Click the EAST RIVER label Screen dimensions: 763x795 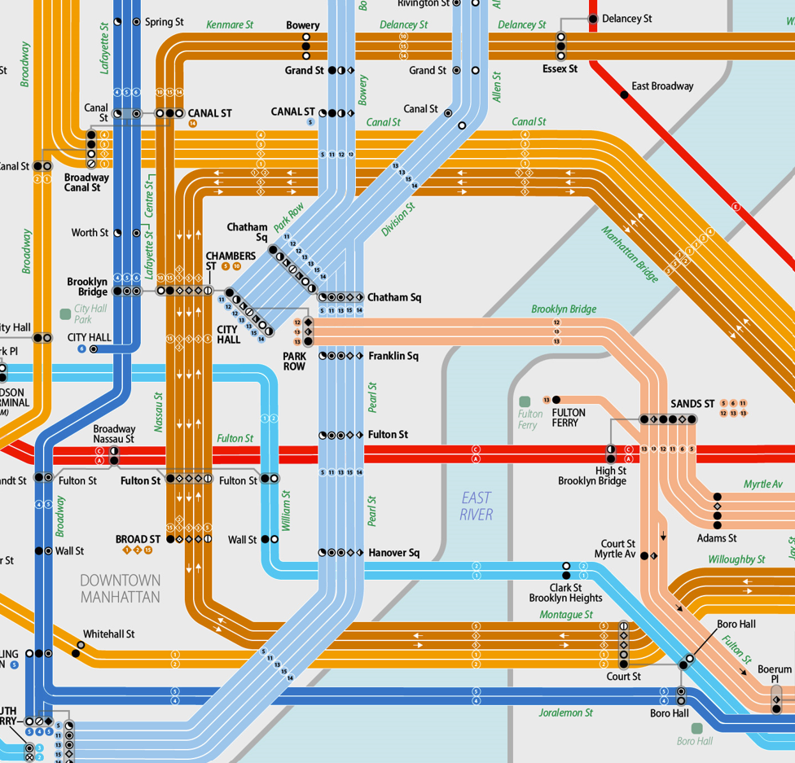pyautogui.click(x=477, y=506)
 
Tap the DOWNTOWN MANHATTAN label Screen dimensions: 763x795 pyautogui.click(x=120, y=588)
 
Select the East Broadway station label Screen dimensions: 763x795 pyautogui.click(x=662, y=86)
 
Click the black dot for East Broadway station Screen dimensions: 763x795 pyautogui.click(x=625, y=95)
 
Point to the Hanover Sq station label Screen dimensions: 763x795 pyautogui.click(x=393, y=553)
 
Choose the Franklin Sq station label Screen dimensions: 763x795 pyautogui.click(x=393, y=356)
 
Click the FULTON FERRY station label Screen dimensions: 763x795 pyautogui.click(x=569, y=418)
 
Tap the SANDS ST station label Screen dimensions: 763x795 pyautogui.click(x=692, y=404)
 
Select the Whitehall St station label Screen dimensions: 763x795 pyautogui.click(x=108, y=634)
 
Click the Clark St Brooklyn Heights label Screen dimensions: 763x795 pyautogui.click(x=565, y=593)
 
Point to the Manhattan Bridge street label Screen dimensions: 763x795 pyautogui.click(x=630, y=254)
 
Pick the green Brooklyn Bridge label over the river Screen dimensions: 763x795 pyautogui.click(x=564, y=309)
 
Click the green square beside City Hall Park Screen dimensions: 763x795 pyautogui.click(x=65, y=314)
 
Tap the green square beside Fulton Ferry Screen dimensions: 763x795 pyautogui.click(x=525, y=401)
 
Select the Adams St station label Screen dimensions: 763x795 pyautogui.click(x=717, y=538)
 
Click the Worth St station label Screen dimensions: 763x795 pyautogui.click(x=90, y=233)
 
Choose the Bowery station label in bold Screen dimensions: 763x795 pyautogui.click(x=302, y=25)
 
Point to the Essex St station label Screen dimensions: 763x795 pyautogui.click(x=560, y=69)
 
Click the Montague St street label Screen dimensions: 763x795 pyautogui.click(x=566, y=615)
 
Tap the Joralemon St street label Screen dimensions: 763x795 pyautogui.click(x=565, y=713)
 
